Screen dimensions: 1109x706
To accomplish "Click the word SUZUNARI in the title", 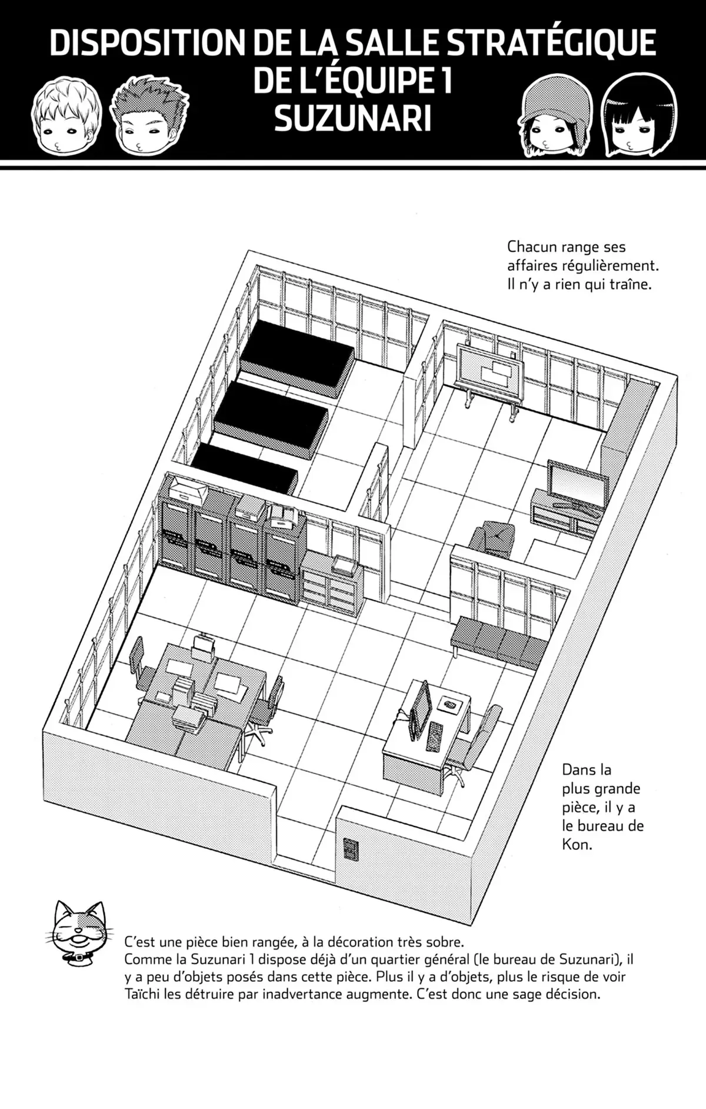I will [352, 119].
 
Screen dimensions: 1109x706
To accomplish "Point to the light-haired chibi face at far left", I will [66, 120].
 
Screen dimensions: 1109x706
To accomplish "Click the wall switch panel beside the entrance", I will [351, 848].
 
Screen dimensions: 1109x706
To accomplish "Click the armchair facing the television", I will [493, 538].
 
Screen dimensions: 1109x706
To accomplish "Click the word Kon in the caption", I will [575, 844].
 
